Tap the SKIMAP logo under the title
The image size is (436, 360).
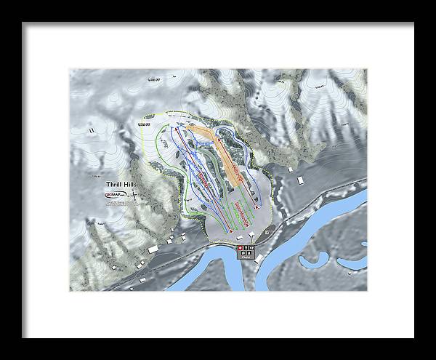pyautogui.click(x=115, y=196)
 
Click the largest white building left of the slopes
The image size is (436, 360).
pyautogui.click(x=153, y=249)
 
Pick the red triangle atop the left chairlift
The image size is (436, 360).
pyautogui.click(x=174, y=126)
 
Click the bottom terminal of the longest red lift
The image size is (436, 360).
pyautogui.click(x=231, y=231)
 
